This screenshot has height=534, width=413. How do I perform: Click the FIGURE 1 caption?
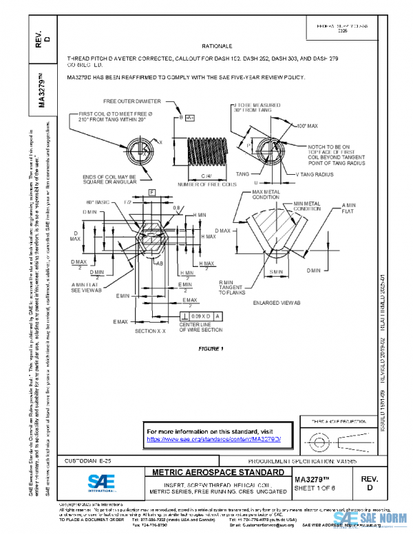pyautogui.click(x=211, y=349)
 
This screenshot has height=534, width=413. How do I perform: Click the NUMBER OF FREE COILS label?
pyautogui.click(x=203, y=184)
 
